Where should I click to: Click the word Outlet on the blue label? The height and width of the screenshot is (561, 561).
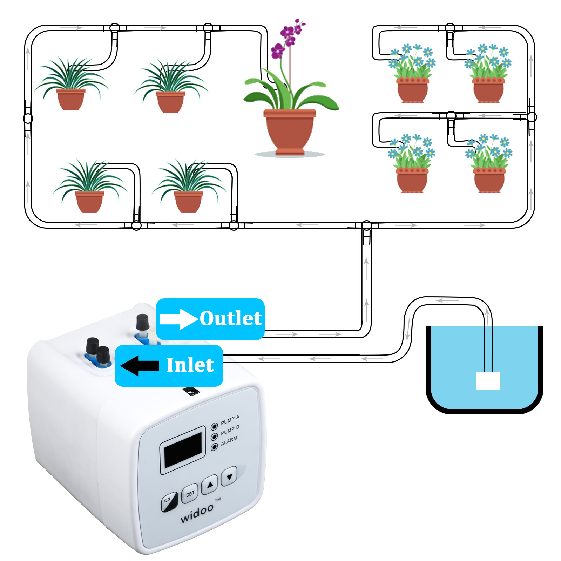pos(231,318)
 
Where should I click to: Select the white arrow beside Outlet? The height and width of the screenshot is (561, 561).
pos(178,319)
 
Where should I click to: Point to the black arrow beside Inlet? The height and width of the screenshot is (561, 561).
pos(140,366)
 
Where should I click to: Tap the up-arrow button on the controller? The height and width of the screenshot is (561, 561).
pos(210,485)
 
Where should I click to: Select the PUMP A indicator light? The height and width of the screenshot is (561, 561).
pos(214,427)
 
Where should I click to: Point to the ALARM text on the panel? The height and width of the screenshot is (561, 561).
pos(229,441)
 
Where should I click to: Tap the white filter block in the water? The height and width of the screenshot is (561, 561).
pos(488,380)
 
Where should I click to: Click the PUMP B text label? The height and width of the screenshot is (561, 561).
pos(230,430)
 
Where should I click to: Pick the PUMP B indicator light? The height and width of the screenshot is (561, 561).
pos(214,437)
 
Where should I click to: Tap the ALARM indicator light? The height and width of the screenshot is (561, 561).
pos(214,447)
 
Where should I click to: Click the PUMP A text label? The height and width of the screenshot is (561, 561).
pos(230,420)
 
